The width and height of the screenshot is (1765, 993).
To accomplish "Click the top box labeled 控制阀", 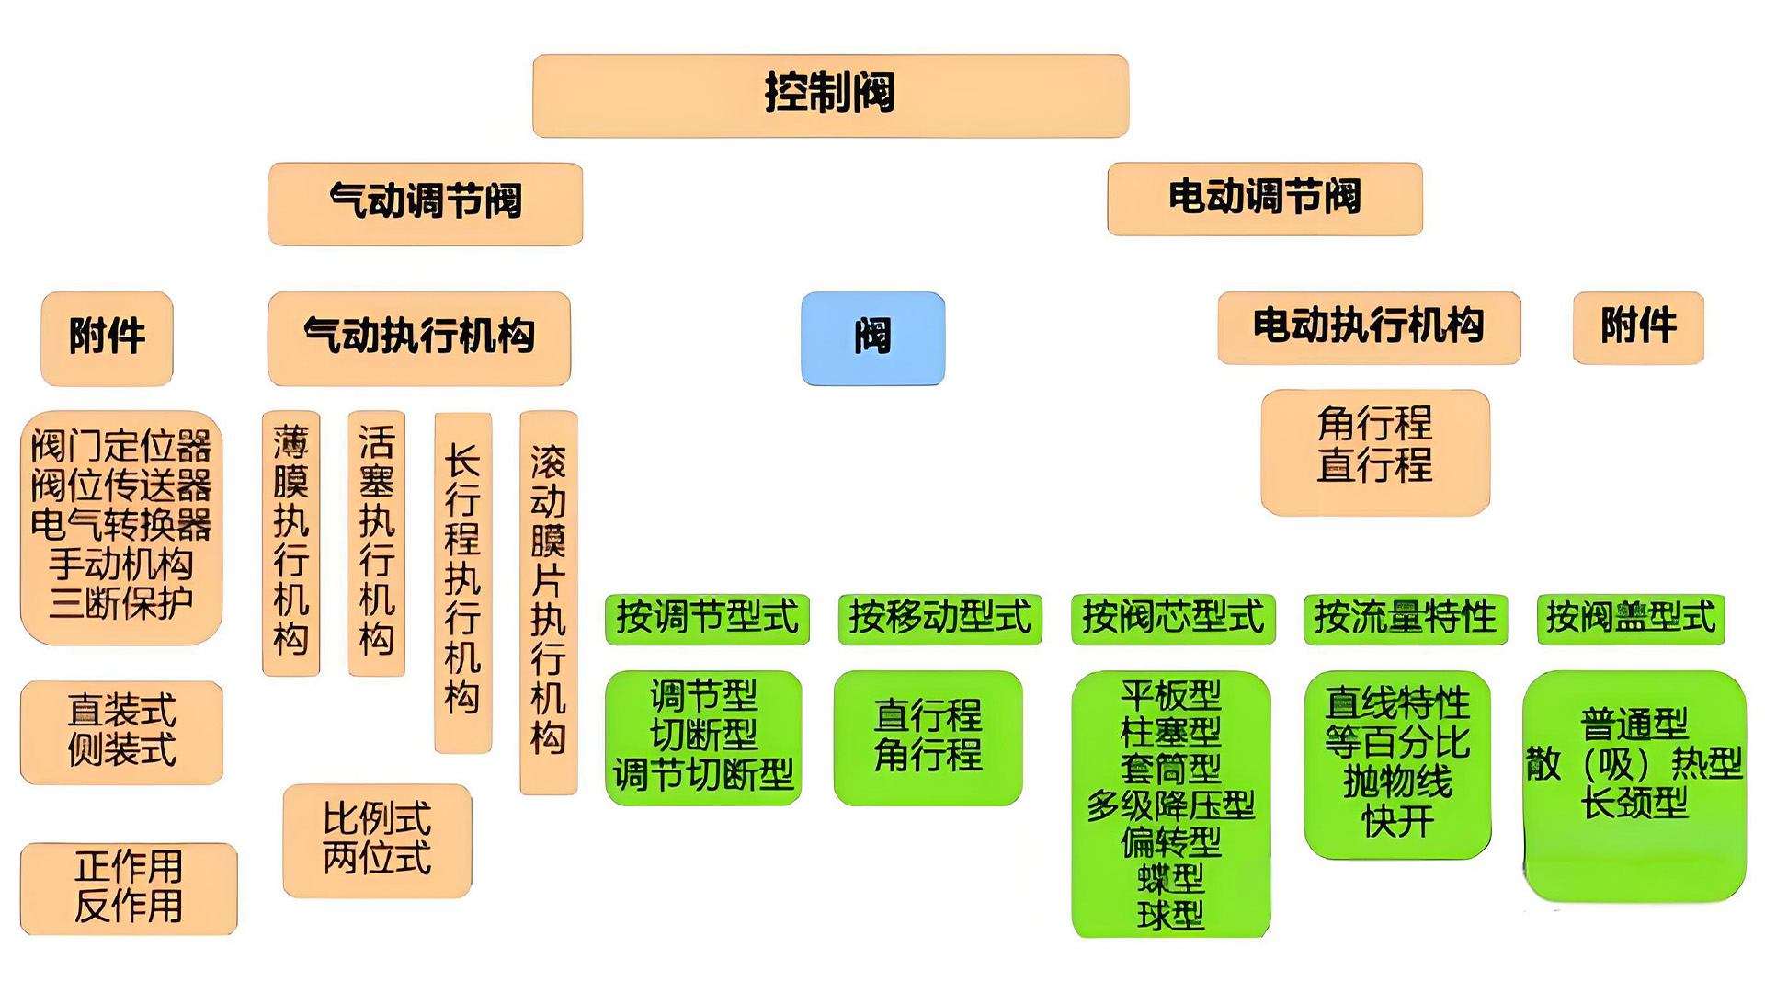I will [x=830, y=96].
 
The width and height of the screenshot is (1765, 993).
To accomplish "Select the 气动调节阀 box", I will [x=425, y=203].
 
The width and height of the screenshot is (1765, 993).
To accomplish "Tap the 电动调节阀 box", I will [x=1264, y=199].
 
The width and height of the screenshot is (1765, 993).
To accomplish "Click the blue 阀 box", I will [x=872, y=337].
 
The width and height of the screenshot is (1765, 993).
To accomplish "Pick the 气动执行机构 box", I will [x=419, y=337].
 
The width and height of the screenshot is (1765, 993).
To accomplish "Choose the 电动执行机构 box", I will [x=1368, y=327].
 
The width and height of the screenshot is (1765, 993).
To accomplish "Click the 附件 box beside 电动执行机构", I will [x=1638, y=327].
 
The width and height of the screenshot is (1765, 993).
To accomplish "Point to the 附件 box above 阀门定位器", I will [x=107, y=337].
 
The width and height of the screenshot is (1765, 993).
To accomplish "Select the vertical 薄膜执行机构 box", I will [x=290, y=542].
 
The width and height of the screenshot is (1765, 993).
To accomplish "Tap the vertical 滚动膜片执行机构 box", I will [x=548, y=602].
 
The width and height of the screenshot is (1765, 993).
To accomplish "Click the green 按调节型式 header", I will [x=706, y=618].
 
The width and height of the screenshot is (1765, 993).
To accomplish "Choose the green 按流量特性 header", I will [x=1405, y=618].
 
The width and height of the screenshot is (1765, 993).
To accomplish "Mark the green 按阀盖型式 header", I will [x=1630, y=618].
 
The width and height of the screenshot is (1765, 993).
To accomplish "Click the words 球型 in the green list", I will [x=1170, y=916].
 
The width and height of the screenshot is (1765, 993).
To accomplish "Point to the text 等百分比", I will [x=1397, y=743].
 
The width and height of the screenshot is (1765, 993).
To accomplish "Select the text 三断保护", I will [x=120, y=604].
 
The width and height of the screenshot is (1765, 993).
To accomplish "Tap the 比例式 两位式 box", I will [x=377, y=839].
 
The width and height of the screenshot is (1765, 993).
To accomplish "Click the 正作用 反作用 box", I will [x=129, y=887].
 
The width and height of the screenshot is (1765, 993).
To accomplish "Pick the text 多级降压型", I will [x=1170, y=805].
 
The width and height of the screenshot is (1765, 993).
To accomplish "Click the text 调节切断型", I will [x=703, y=775].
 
